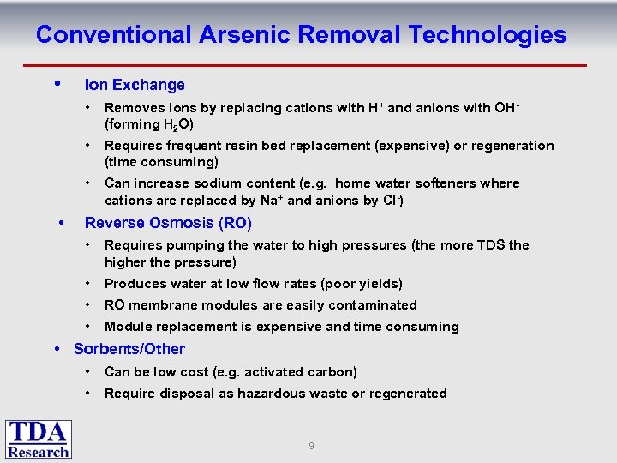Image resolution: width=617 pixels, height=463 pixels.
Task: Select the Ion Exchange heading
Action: point(135,85)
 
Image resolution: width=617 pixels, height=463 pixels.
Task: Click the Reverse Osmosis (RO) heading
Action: point(168,223)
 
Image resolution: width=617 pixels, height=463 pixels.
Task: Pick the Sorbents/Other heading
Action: point(129,349)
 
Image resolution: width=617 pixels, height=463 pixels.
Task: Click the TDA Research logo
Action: point(39,439)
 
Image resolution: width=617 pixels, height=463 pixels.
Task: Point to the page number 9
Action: point(311,446)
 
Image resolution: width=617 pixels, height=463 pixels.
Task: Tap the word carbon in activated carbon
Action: point(330,372)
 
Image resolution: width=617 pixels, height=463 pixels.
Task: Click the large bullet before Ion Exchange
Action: point(57,84)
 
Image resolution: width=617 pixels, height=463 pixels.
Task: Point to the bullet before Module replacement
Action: point(88,327)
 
